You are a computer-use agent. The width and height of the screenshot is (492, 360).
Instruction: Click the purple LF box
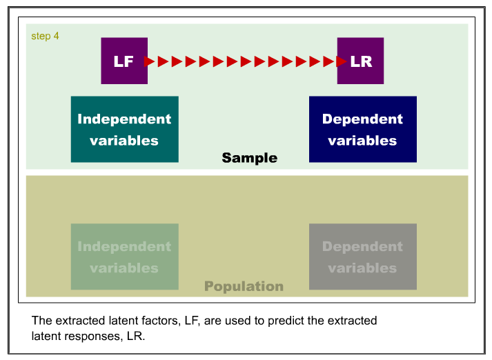pyautogui.click(x=124, y=61)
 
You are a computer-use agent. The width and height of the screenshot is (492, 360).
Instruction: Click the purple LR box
pyautogui.click(x=360, y=61)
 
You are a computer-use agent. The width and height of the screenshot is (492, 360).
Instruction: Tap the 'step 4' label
pyautogui.click(x=45, y=37)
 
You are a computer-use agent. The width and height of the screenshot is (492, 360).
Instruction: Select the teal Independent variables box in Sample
pyautogui.click(x=125, y=129)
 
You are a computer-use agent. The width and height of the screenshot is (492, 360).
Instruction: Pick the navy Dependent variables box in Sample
pyautogui.click(x=363, y=129)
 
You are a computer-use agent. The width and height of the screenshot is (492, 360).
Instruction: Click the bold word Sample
pyautogui.click(x=250, y=158)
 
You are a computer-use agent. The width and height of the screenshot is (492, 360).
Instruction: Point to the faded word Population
pyautogui.click(x=244, y=286)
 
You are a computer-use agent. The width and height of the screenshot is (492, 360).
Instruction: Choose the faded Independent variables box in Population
pyautogui.click(x=125, y=257)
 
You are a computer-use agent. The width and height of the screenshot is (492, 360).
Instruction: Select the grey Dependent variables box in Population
pyautogui.click(x=363, y=257)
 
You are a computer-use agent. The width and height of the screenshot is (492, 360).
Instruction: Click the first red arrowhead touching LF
pyautogui.click(x=149, y=61)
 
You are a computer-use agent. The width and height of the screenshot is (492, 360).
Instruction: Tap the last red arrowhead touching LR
pyautogui.click(x=341, y=61)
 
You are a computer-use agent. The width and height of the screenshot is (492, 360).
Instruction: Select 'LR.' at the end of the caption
pyautogui.click(x=136, y=336)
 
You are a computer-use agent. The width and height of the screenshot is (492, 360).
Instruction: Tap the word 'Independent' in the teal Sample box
pyautogui.click(x=124, y=119)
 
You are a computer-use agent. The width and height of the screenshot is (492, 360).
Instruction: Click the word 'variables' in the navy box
pyautogui.click(x=362, y=141)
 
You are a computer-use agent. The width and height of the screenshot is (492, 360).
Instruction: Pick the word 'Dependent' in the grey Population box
pyautogui.click(x=362, y=247)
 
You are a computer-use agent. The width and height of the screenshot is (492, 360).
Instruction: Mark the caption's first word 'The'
pyautogui.click(x=41, y=321)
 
